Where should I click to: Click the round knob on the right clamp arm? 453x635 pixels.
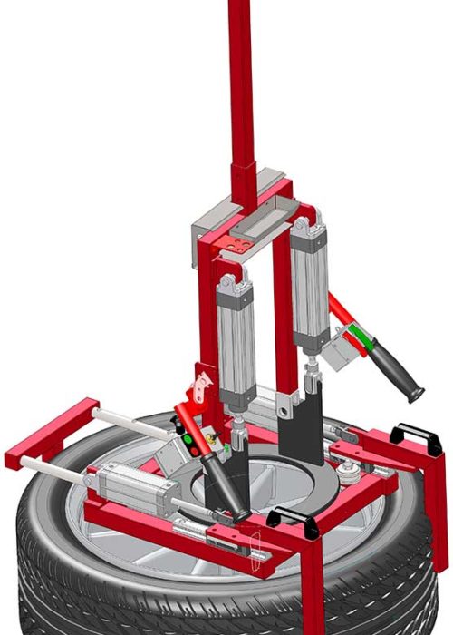coord(344,472)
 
